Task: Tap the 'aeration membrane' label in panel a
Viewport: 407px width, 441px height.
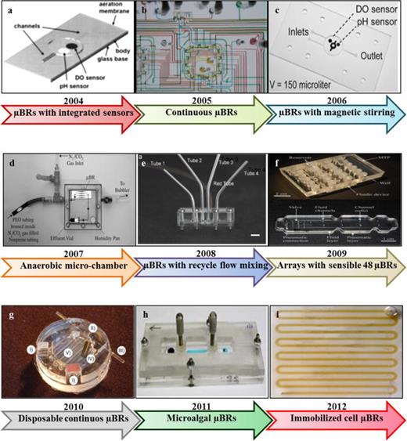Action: (106, 8)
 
